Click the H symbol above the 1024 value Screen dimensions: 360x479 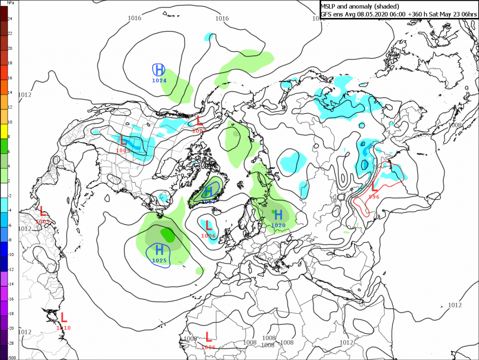[159, 70]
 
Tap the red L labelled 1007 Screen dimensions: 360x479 [200, 121]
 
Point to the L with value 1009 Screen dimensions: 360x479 [43, 211]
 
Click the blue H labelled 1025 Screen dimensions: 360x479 [159, 250]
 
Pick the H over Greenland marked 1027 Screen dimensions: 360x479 [208, 192]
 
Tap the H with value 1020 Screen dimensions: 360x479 [278, 215]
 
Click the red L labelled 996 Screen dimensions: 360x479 [374, 186]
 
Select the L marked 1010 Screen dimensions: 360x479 [63, 317]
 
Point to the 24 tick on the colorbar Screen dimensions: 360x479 [10, 18]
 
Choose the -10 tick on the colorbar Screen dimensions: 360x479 [11, 254]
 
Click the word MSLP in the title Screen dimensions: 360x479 [329, 6]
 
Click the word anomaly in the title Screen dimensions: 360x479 [361, 6]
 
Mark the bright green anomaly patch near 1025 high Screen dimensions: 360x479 [168, 234]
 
